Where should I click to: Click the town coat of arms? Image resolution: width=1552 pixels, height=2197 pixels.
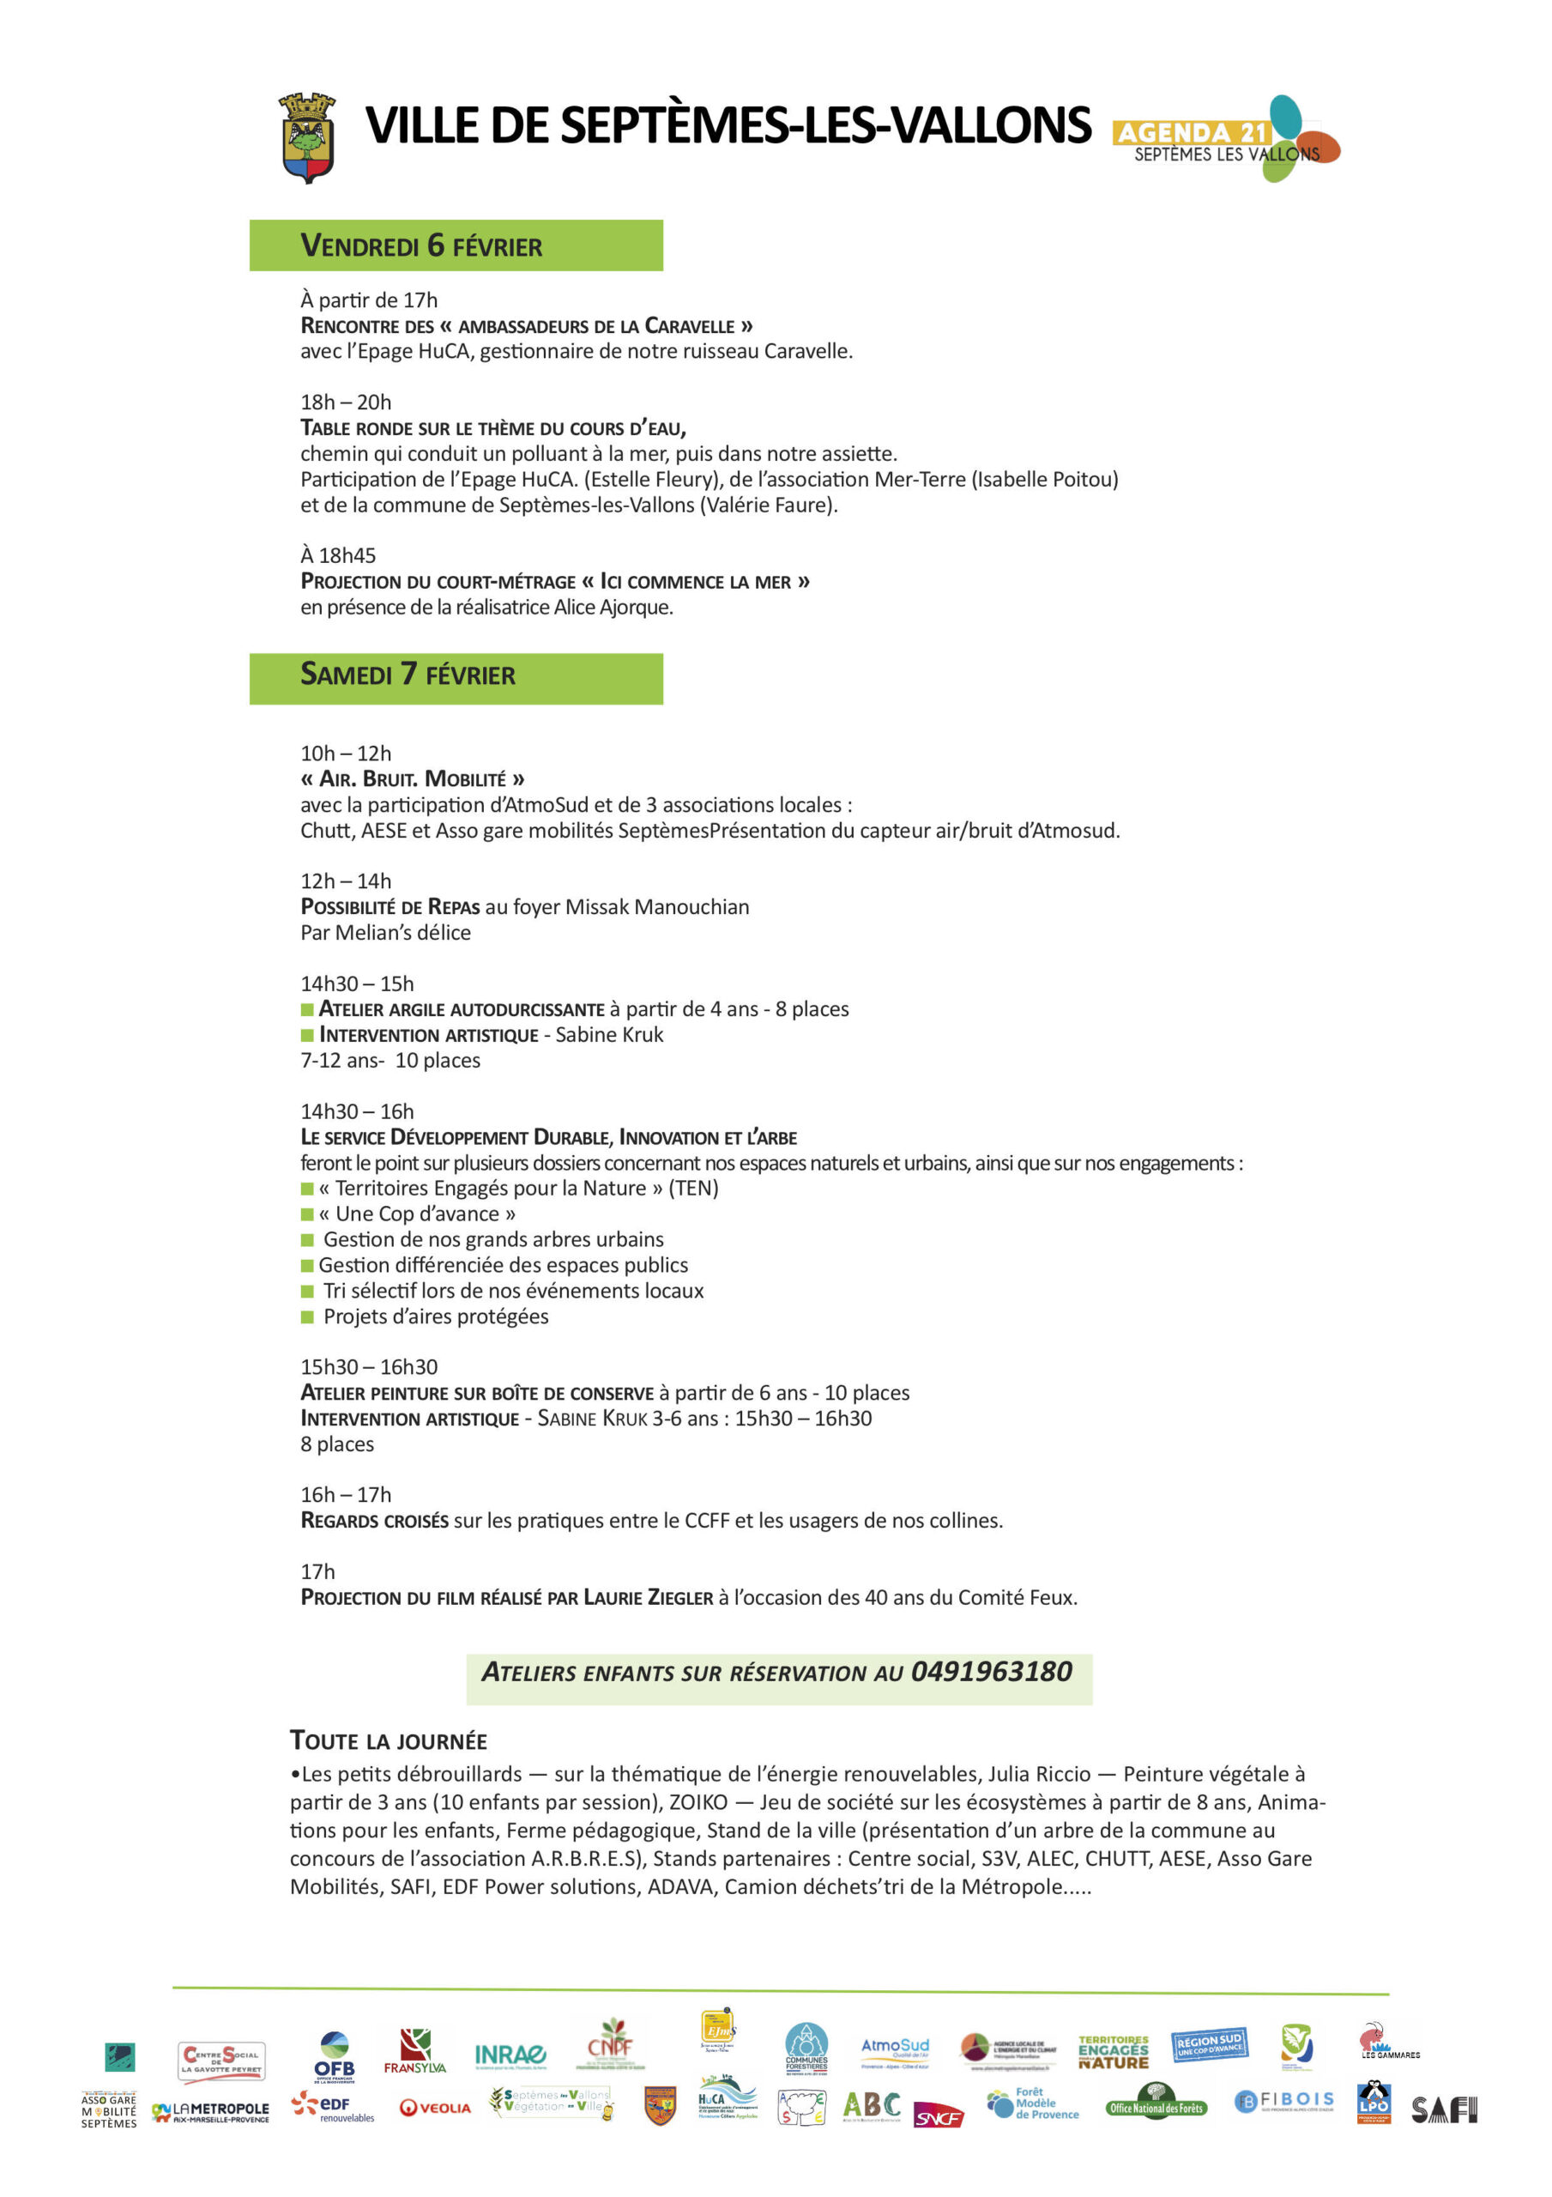click(x=307, y=138)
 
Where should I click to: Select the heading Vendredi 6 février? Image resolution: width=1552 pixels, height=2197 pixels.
click(x=421, y=246)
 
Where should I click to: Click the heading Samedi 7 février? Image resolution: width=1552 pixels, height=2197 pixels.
click(x=408, y=675)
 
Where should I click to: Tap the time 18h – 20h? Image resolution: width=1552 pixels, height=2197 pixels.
click(x=346, y=402)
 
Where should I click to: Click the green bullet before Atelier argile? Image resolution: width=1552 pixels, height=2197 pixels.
click(x=307, y=1009)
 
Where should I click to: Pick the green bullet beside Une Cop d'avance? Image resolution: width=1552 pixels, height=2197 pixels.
click(x=307, y=1214)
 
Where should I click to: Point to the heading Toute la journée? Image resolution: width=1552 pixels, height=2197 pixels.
click(x=389, y=1740)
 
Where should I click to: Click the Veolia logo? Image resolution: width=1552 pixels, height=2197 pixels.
click(x=435, y=2108)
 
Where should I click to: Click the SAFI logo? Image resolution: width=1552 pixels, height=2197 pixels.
click(x=1444, y=2110)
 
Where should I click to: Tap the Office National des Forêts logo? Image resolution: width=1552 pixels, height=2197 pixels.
click(x=1156, y=2107)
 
